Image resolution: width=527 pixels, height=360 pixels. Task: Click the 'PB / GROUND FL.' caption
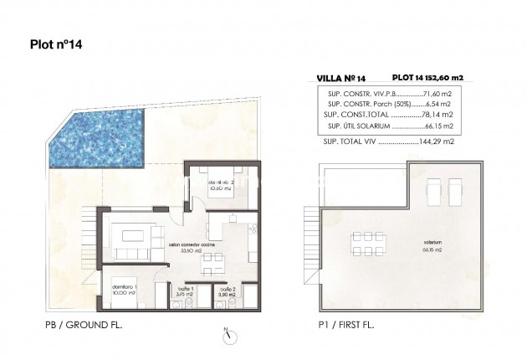pyautogui.click(x=84, y=323)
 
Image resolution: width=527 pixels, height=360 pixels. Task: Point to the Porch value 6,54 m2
pyautogui.click(x=440, y=105)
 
